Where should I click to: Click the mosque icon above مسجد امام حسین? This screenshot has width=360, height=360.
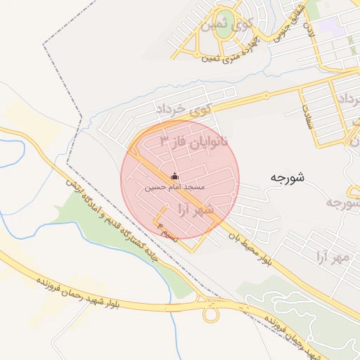pyautogui.click(x=174, y=176)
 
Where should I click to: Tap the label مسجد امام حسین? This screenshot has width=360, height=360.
pyautogui.click(x=174, y=188)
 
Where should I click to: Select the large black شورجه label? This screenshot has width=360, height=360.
pyautogui.click(x=286, y=178)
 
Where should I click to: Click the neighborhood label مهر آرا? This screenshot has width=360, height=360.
pyautogui.click(x=331, y=258)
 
